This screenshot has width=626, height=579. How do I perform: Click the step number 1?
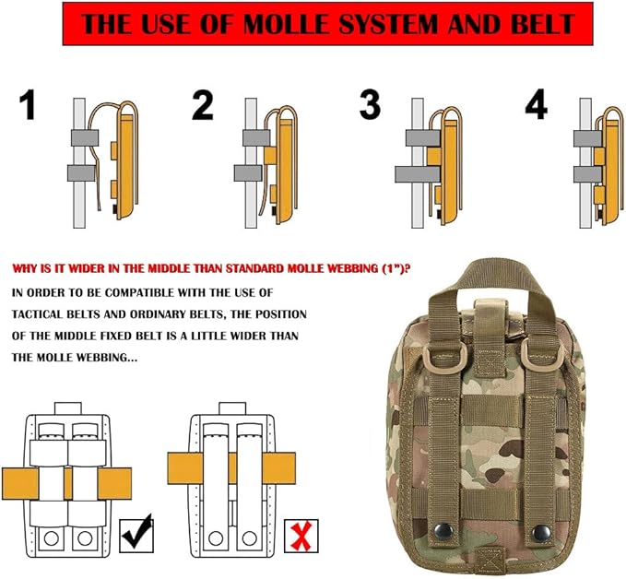(x=28, y=104)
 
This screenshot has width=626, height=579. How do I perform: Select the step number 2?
(x=203, y=104)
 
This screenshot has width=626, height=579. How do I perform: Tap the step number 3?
(x=370, y=104)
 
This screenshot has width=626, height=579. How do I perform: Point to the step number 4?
(x=537, y=104)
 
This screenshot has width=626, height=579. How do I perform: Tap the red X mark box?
(x=301, y=536)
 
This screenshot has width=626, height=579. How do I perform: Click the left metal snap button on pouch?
(x=443, y=530)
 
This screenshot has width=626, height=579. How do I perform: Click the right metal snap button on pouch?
(x=541, y=532)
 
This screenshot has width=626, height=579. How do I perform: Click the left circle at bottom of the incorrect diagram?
(x=216, y=538)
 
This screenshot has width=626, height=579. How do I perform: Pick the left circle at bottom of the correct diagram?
(x=52, y=538)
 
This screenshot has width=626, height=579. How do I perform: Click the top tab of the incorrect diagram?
(x=232, y=408)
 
